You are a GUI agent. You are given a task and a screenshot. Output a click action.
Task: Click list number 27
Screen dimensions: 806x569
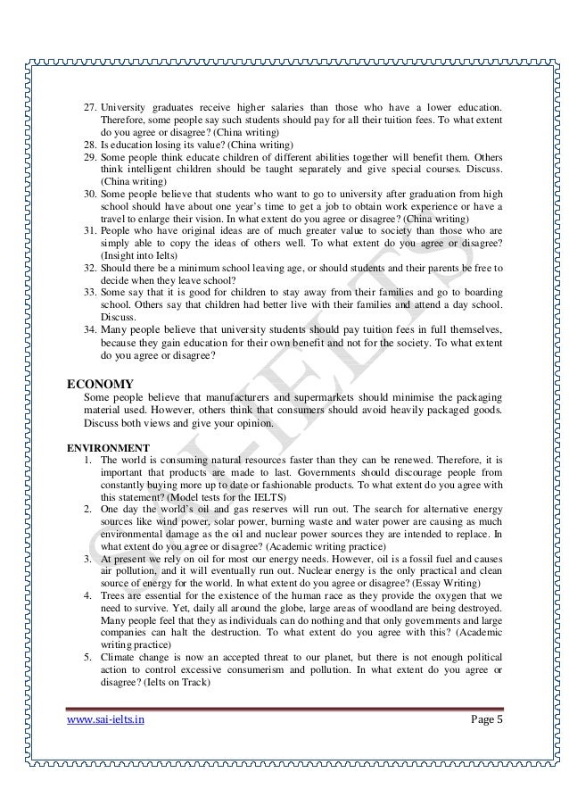tap(90, 106)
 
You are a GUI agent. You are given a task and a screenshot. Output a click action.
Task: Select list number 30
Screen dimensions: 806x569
tap(90, 192)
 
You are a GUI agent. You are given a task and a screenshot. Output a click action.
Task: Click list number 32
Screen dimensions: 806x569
tap(90, 267)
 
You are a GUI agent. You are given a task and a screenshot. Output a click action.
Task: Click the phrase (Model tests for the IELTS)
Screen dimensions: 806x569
tap(206, 497)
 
